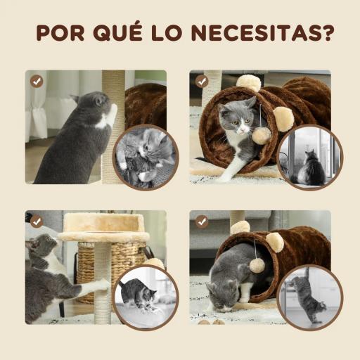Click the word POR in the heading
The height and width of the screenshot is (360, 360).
click(x=60, y=33)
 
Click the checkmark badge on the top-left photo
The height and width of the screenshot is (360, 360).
click(x=37, y=81)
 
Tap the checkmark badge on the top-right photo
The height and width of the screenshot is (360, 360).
click(x=202, y=81)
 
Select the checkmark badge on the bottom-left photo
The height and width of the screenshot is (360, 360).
click(x=37, y=221)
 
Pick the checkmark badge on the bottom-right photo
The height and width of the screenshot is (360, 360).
click(x=202, y=221)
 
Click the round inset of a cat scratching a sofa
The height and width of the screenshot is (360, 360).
click(x=146, y=157)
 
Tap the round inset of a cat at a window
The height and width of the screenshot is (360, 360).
click(x=309, y=157)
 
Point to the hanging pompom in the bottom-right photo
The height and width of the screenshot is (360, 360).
click(x=257, y=265)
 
